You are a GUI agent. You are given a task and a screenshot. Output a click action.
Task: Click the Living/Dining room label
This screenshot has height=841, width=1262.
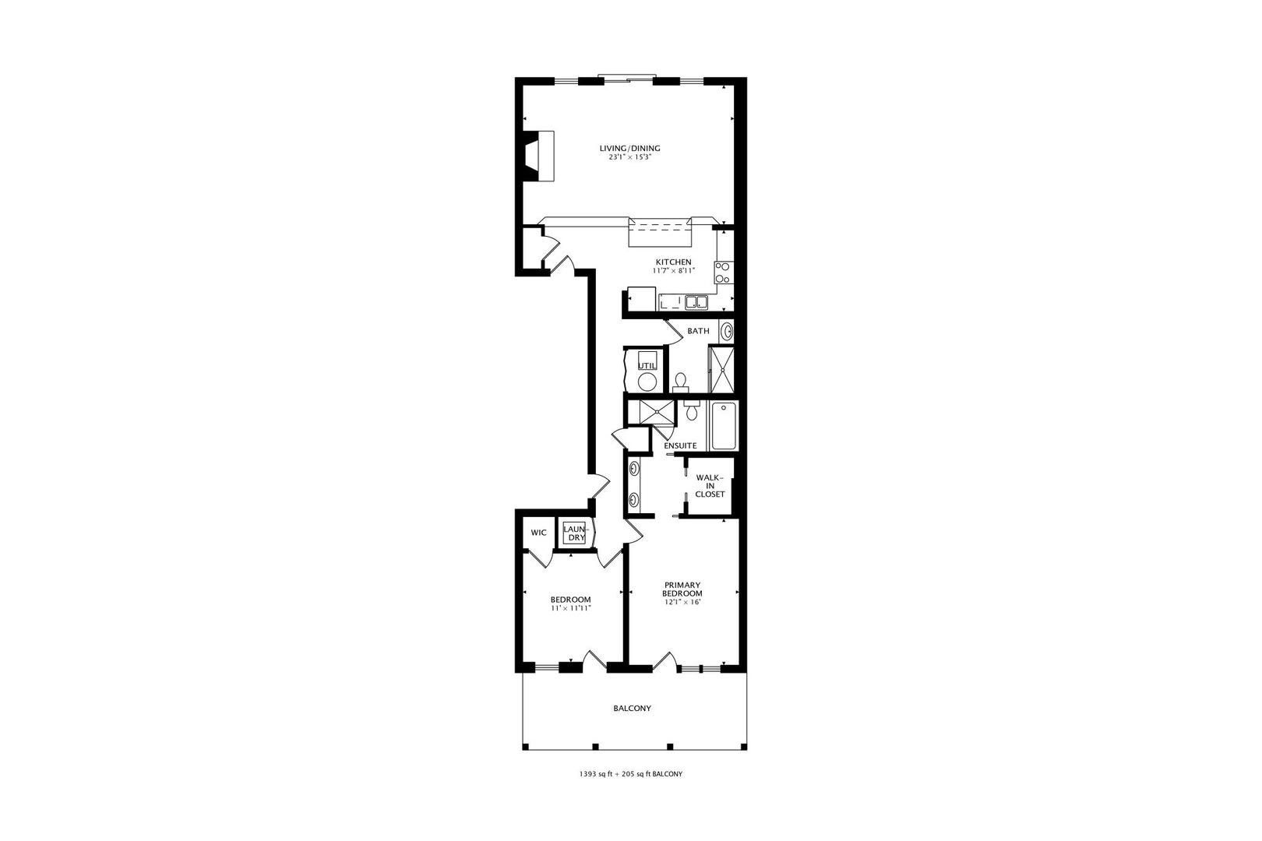coord(630,148)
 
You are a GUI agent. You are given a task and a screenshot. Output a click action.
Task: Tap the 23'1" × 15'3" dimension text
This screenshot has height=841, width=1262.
coord(630,157)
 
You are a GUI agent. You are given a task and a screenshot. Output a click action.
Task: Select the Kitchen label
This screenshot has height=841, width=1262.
coord(673,262)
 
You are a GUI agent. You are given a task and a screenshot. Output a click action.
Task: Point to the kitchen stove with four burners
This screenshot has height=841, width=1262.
coord(723,273)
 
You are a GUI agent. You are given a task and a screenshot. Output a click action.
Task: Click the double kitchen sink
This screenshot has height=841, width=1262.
coord(696,303)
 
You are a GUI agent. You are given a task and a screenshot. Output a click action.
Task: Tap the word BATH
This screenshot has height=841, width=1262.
coord(698,331)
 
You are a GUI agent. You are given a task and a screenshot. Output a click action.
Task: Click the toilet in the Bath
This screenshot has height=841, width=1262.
coord(681,382)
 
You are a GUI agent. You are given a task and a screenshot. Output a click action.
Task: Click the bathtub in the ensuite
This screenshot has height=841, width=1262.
coord(724,425)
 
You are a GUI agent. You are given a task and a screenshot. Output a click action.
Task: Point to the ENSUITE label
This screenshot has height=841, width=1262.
coord(680,445)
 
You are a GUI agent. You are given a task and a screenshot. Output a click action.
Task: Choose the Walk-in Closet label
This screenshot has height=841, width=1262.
coord(710,486)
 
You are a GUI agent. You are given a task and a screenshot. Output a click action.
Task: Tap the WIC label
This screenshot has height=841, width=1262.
coord(538,533)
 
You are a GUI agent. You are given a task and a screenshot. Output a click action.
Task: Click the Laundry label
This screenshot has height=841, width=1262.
coord(576,533)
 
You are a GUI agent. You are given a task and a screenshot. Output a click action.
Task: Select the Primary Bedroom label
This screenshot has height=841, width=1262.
coord(682,589)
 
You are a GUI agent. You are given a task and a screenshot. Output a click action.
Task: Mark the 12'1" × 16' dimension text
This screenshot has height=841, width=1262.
coord(682,602)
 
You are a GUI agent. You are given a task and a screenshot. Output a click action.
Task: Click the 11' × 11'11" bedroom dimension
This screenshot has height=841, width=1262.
coord(571,608)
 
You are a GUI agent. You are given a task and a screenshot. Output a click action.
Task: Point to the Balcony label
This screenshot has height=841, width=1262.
coord(632,708)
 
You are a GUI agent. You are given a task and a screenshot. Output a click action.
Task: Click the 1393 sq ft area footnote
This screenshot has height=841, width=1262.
coord(630,774)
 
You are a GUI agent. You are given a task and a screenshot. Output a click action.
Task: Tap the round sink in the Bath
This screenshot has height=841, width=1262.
coord(726,331)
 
